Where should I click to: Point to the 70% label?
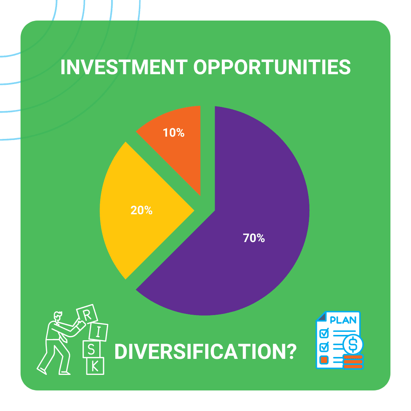pyautogui.click(x=254, y=238)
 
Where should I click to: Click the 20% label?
pyautogui.click(x=141, y=210)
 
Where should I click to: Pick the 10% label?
pyautogui.click(x=174, y=133)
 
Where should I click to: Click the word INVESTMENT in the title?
pyautogui.click(x=124, y=67)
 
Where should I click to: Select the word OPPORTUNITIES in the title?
pyautogui.click(x=272, y=67)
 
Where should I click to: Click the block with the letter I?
pyautogui.click(x=98, y=332)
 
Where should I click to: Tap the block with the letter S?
pyautogui.click(x=92, y=349)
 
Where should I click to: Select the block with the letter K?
pyautogui.click(x=95, y=366)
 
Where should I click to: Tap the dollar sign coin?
pyautogui.click(x=352, y=344)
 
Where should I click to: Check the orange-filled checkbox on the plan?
pyautogui.click(x=324, y=359)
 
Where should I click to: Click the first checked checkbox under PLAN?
pyautogui.click(x=324, y=333)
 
